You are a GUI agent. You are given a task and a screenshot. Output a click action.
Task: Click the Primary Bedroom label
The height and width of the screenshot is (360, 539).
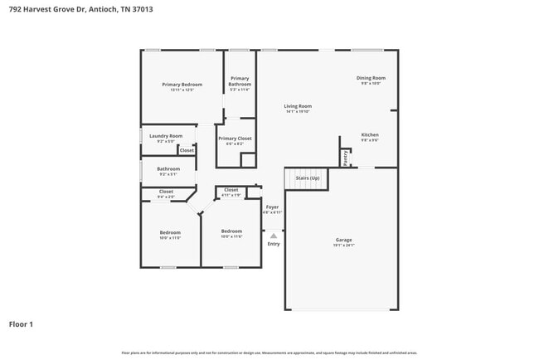click(x=182, y=85)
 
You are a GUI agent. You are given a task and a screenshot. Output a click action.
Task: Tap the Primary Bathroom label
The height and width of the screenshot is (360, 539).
click(x=240, y=81)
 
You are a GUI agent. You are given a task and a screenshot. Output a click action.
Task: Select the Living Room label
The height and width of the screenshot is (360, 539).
click(x=298, y=106)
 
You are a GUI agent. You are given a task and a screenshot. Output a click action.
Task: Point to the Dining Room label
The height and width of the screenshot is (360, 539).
click(x=371, y=78)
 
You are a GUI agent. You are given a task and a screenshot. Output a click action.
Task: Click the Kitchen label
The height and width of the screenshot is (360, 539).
click(x=370, y=134)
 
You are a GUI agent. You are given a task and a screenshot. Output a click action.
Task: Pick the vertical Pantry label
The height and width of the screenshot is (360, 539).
click(x=345, y=157)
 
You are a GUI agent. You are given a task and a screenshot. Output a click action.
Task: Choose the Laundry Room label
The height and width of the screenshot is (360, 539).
click(x=166, y=135)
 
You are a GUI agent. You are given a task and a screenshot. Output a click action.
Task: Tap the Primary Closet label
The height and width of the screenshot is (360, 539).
click(x=235, y=139)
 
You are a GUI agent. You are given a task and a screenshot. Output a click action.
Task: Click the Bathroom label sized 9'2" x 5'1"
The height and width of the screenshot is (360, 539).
click(x=168, y=169)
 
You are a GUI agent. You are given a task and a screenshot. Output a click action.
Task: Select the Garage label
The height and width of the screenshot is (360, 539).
click(x=344, y=240)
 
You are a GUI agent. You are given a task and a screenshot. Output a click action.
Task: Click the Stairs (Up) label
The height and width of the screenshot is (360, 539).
click(x=308, y=178)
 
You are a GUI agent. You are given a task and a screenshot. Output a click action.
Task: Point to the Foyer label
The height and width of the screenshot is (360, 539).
click(x=272, y=207)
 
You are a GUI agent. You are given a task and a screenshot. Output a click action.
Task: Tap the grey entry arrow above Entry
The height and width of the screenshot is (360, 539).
click(x=274, y=236)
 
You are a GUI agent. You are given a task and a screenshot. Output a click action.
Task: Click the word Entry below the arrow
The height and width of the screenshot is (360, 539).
click(x=274, y=244)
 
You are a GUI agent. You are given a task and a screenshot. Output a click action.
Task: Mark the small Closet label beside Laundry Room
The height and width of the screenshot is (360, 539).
click(x=187, y=150)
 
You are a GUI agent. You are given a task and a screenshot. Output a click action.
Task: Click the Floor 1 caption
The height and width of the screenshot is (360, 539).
click(x=21, y=324)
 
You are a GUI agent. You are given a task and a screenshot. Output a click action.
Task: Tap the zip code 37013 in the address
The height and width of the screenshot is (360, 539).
click(x=139, y=8)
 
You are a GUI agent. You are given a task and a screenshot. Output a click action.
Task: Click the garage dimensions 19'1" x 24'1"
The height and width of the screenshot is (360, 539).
click(x=344, y=246)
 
